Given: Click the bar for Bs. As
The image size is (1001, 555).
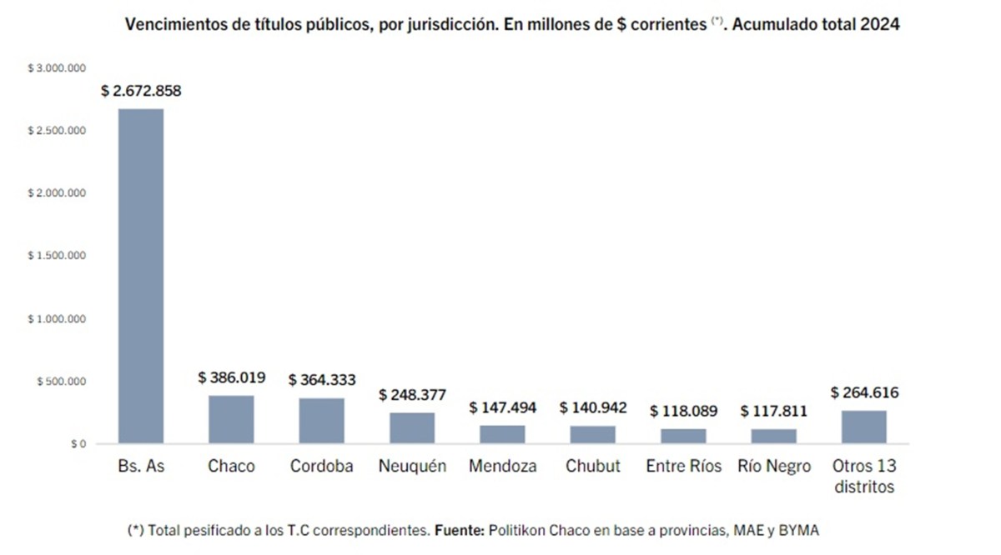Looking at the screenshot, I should (x=141, y=275).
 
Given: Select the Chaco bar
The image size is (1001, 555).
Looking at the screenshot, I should (x=231, y=419).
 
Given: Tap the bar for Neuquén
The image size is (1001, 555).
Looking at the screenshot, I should (x=412, y=427).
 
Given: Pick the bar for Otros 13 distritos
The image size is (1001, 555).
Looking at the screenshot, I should (x=864, y=427).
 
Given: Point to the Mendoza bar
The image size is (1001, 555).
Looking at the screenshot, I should (x=502, y=434).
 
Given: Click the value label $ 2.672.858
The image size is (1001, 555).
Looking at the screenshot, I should (x=141, y=91).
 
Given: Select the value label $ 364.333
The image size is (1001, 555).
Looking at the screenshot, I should (x=322, y=380).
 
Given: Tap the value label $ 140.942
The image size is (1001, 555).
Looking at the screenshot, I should (x=593, y=407).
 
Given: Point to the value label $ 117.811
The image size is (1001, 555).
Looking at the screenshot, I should (x=774, y=411).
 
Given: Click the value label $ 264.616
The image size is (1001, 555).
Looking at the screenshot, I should (x=864, y=392).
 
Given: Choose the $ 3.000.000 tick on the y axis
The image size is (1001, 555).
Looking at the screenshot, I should (x=58, y=67).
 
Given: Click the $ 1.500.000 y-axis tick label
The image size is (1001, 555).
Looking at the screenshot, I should (x=58, y=256).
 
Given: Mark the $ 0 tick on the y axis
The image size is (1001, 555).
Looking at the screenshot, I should (x=78, y=444).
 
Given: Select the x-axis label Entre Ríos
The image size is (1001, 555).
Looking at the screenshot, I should (x=684, y=467).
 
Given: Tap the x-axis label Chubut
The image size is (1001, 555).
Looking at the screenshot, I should (x=593, y=467).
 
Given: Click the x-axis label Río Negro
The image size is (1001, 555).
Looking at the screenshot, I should (x=774, y=467).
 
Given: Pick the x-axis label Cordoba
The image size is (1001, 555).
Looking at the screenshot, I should (x=322, y=467).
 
